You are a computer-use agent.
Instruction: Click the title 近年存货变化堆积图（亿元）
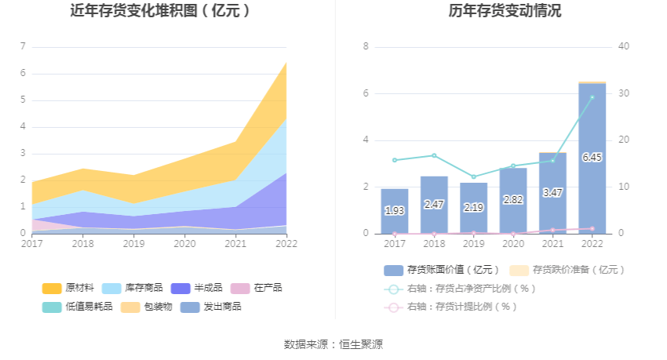[160, 11]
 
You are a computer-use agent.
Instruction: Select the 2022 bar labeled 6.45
[592, 158]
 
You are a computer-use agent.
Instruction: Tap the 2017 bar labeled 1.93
[394, 211]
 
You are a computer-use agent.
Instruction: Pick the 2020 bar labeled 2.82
[512, 200]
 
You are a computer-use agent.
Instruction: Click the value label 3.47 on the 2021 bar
[552, 192]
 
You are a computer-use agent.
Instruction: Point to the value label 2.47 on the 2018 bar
[434, 205]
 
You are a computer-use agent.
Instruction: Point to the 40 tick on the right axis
[624, 46]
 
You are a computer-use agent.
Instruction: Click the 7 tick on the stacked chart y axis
[23, 47]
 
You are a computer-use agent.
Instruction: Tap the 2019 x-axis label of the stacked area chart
[133, 244]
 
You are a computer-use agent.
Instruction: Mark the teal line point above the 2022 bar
[592, 97]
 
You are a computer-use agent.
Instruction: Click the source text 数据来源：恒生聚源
[333, 344]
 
